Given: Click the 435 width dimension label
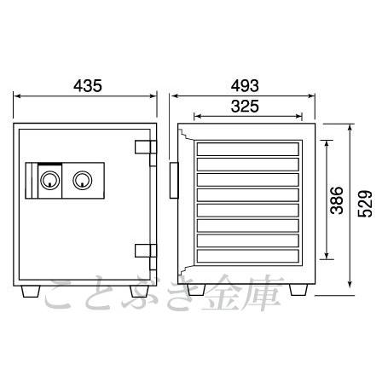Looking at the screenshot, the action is tap(88, 85).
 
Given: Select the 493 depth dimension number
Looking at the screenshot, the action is tap(245, 85).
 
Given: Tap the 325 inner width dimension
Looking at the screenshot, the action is tap(245, 107).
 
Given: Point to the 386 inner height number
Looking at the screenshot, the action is tap(337, 200).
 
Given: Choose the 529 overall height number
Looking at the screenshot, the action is tap(365, 204).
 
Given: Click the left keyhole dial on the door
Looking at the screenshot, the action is tap(50, 181).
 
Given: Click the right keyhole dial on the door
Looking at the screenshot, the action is tap(83, 181).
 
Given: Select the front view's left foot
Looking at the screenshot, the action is tap(31, 292).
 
